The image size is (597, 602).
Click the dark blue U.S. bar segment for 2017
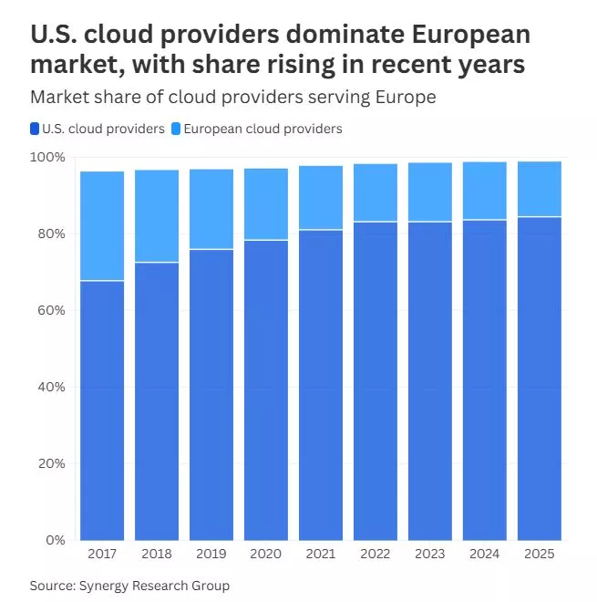102,410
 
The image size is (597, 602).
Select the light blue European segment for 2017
102,226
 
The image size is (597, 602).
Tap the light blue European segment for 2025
540,189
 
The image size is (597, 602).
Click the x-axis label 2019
211,554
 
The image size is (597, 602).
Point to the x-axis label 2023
430,554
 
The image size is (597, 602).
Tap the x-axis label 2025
540,554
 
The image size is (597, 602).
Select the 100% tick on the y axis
50,158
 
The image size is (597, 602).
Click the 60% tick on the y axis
53,311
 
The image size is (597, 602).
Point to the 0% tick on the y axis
57,541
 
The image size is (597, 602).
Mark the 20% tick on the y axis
53,464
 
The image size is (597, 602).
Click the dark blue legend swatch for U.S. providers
35,129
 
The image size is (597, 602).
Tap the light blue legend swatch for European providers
176,129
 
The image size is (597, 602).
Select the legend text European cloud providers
262,129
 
